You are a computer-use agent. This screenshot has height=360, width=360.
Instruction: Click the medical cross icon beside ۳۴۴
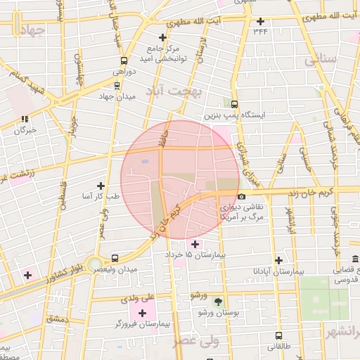[x=261, y=21]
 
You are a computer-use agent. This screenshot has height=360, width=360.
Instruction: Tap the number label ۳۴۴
[x=261, y=31]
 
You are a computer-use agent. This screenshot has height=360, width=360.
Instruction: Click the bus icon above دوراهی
[x=124, y=60]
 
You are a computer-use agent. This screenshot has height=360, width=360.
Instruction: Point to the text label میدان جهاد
[x=116, y=96]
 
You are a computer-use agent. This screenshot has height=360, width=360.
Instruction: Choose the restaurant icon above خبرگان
[x=25, y=119]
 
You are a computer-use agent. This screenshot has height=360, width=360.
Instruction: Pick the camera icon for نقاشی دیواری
[x=241, y=197]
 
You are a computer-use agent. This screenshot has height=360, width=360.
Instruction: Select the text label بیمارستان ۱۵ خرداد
[x=195, y=254]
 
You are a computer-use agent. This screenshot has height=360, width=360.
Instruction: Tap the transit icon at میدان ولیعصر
[x=115, y=258]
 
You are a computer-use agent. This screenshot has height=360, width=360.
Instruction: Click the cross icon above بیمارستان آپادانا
[x=279, y=260]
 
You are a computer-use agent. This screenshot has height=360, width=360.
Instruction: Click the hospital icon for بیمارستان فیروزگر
[x=143, y=313]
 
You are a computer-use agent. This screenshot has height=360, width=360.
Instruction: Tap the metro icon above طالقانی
[x=279, y=336]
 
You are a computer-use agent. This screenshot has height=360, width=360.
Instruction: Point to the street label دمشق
[x=56, y=319]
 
